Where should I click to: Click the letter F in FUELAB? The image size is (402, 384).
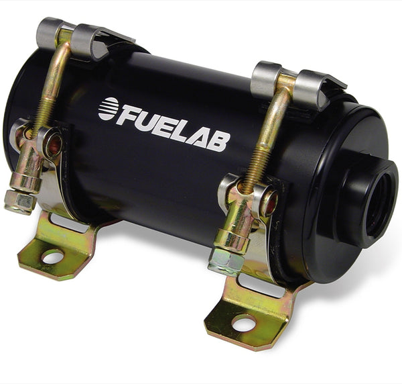coord(128,116)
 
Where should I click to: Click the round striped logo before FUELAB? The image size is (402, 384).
coord(108,109)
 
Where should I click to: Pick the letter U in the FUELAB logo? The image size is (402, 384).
coord(147,121)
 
